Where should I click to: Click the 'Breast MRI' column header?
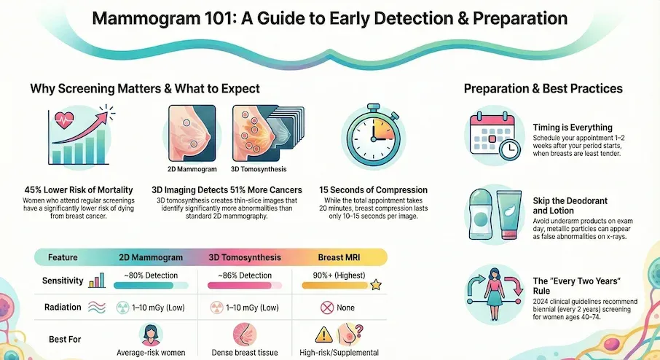tap(341, 257)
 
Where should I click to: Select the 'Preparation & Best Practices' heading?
tap(543, 88)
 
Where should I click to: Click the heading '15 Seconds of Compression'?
tap(373, 190)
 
